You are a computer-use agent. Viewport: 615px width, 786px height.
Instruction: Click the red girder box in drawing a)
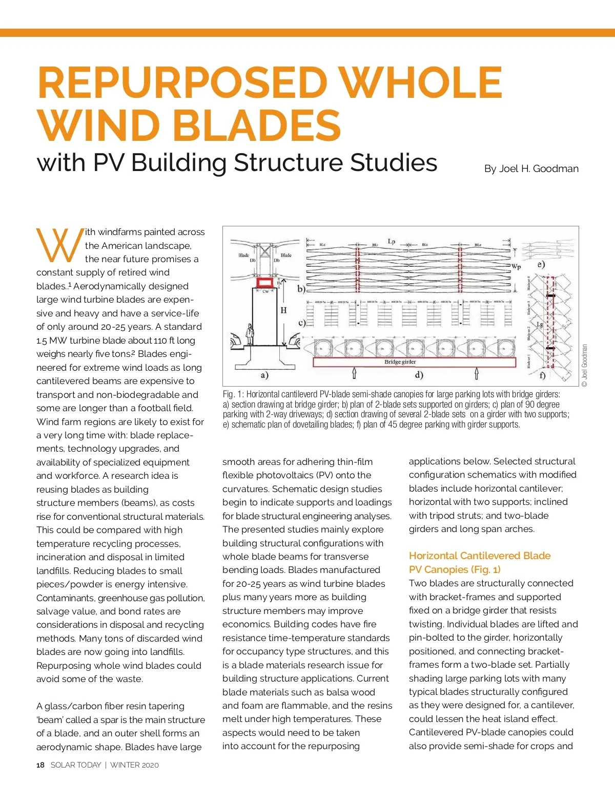click(x=265, y=282)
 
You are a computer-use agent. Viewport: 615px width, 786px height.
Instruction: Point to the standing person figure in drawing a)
click(x=250, y=334)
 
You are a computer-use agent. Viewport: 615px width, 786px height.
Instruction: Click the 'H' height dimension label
click(x=283, y=310)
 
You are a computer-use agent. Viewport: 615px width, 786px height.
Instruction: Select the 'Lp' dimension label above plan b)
click(x=392, y=241)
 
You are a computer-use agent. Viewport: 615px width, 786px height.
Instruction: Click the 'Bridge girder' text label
click(x=400, y=362)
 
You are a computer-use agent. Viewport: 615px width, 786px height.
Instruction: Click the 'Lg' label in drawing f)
click(x=540, y=325)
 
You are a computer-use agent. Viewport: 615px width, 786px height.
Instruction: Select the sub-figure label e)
click(x=541, y=264)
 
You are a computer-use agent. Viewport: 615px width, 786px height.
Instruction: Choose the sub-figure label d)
click(x=419, y=375)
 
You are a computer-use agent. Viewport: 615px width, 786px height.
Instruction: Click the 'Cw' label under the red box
click(x=265, y=291)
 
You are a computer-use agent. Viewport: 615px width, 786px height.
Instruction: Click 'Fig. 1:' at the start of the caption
click(x=233, y=394)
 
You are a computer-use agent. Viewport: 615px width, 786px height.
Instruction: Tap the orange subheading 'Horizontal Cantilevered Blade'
click(x=480, y=556)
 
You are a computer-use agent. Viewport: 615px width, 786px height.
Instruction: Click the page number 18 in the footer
click(x=40, y=765)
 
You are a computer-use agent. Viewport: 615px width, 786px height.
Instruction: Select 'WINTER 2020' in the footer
click(x=134, y=765)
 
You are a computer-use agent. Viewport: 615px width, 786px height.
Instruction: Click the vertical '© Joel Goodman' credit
click(x=585, y=365)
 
